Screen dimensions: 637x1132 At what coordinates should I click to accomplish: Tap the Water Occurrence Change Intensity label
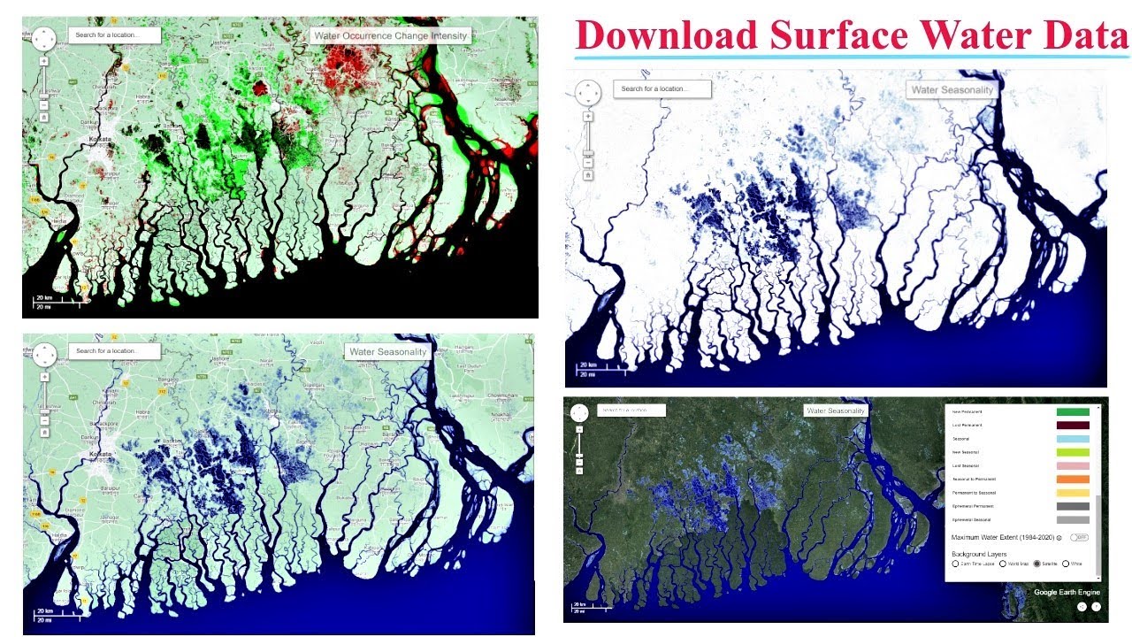tap(390, 36)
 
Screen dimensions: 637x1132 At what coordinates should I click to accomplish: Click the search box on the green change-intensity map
tap(115, 35)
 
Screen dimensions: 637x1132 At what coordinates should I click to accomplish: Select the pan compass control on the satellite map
tap(579, 413)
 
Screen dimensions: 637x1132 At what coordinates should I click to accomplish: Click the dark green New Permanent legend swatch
tap(1073, 411)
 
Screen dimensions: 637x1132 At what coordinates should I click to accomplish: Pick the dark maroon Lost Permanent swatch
tap(1073, 426)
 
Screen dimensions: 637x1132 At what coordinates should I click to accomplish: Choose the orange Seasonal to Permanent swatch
tap(1073, 480)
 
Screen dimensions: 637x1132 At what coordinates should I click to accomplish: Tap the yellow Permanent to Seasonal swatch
tap(1073, 493)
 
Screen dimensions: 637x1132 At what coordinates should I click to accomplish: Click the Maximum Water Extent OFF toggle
tap(1079, 537)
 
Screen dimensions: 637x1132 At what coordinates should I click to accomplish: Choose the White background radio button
tap(1067, 564)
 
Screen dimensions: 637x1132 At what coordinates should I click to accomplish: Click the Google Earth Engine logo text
tap(1067, 592)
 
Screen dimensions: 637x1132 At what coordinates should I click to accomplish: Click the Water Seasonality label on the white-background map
tap(952, 89)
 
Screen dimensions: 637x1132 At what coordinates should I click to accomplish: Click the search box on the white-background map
tap(664, 88)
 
